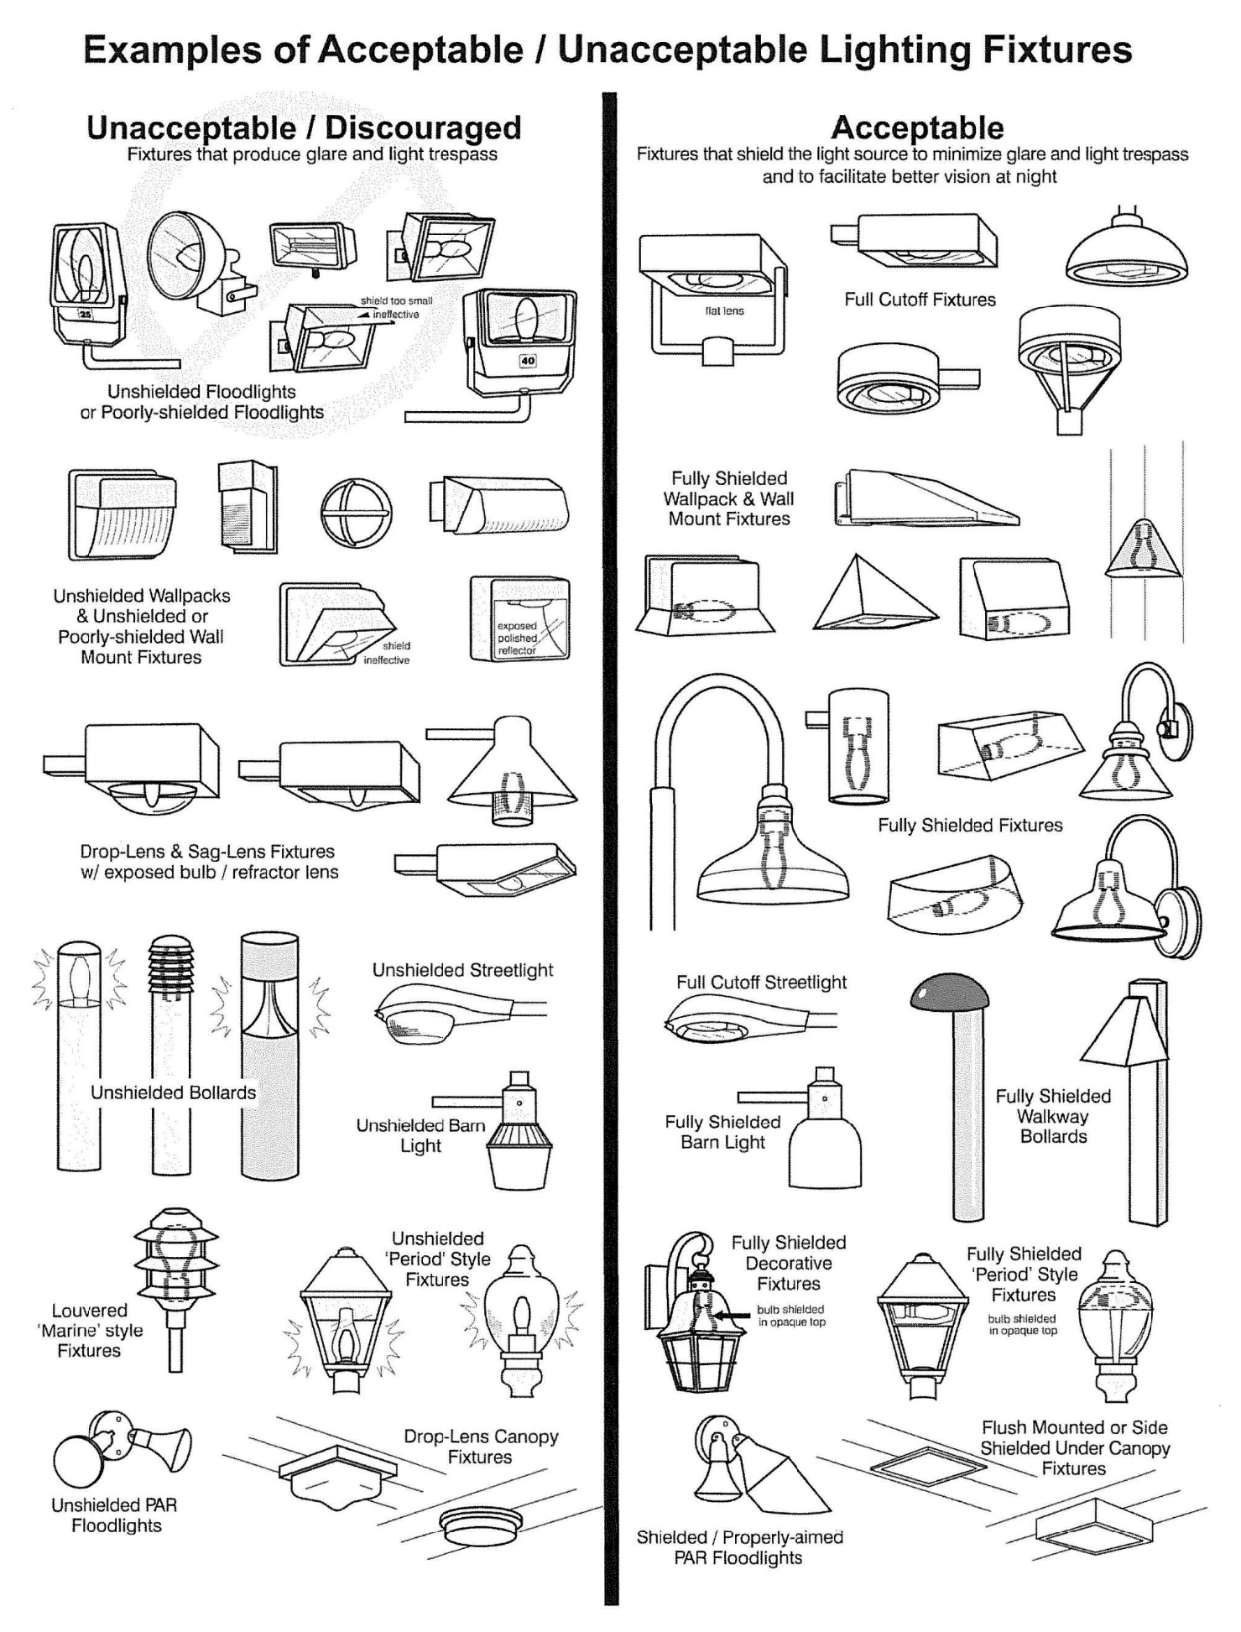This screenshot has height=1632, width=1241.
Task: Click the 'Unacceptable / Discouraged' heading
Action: click(x=304, y=128)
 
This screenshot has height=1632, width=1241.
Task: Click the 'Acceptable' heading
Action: click(x=917, y=128)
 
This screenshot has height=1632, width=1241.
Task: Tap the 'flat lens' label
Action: click(x=724, y=310)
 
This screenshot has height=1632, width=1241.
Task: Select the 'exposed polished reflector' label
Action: click(x=517, y=638)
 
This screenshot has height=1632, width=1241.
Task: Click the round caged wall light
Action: click(x=356, y=514)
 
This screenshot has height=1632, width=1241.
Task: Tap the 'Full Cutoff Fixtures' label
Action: click(x=920, y=300)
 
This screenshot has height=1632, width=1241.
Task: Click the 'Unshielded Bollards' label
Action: click(x=173, y=1092)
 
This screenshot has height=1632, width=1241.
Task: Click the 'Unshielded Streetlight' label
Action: click(x=462, y=970)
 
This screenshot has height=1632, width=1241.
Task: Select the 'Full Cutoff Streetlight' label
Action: click(x=761, y=983)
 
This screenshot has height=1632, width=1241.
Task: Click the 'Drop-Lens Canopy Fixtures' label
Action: click(x=481, y=1447)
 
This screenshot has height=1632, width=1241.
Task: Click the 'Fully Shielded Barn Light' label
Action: click(x=722, y=1132)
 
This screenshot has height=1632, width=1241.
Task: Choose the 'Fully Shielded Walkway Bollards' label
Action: click(x=1053, y=1116)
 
